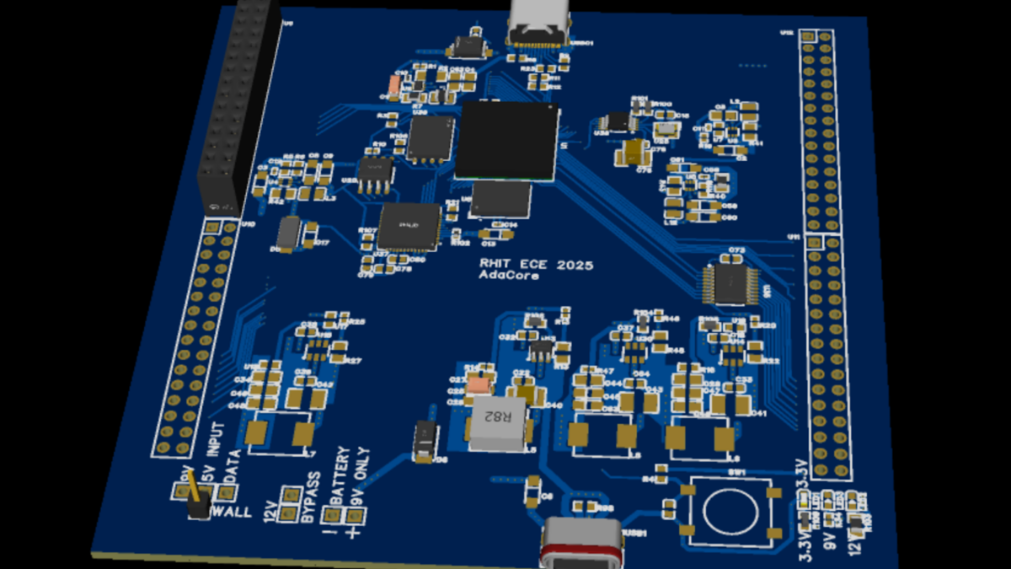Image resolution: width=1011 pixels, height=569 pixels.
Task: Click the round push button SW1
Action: (x=730, y=511)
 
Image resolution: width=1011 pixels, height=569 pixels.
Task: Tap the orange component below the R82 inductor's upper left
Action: (x=479, y=385)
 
